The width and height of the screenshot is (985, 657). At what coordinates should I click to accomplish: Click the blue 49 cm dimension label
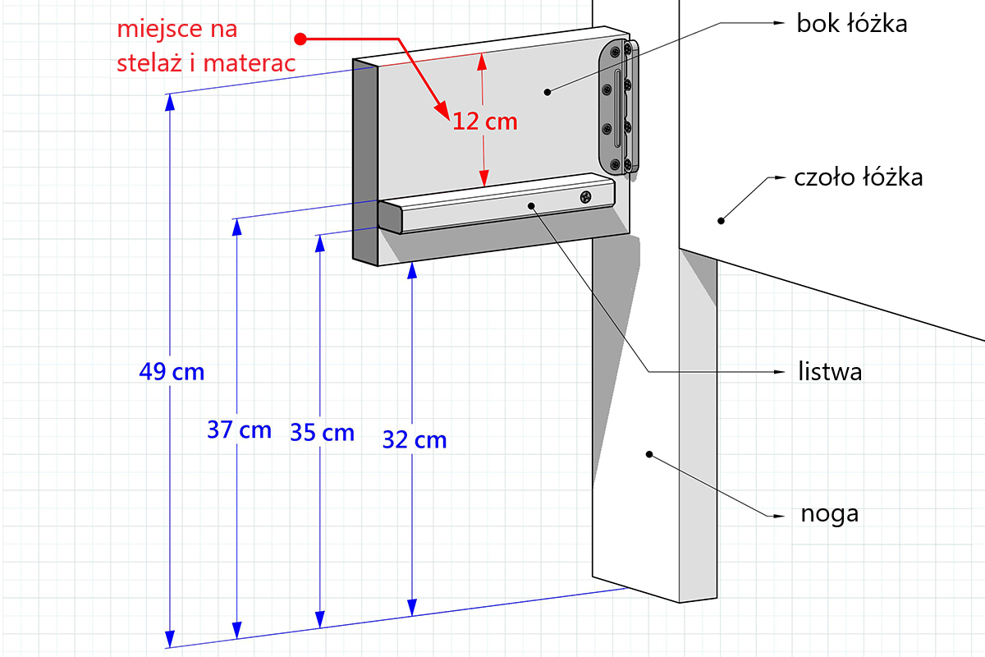172,371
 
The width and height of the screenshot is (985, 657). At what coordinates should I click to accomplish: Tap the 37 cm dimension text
239,430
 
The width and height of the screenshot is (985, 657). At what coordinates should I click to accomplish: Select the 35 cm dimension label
323,432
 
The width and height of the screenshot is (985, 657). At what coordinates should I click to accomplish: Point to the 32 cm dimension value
415,439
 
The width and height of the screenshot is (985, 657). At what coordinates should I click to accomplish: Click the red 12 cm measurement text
485,122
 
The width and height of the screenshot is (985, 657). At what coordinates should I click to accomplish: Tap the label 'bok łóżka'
852,23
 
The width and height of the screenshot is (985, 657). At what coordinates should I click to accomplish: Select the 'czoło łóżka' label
859,177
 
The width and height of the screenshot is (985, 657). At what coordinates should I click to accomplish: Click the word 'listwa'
830,371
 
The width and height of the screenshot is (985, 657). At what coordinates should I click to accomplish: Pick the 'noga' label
830,514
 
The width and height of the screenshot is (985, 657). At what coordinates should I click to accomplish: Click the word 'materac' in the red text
250,63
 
